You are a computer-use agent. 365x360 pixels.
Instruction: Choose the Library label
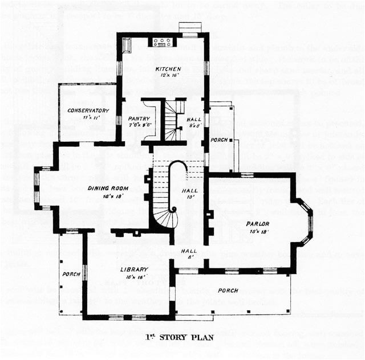(x=134, y=269)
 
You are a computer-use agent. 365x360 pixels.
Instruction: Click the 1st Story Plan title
(x=182, y=337)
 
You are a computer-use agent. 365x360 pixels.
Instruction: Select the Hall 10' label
(x=189, y=191)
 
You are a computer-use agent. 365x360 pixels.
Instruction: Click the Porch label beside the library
(x=71, y=274)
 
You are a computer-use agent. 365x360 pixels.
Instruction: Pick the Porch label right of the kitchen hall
(x=219, y=140)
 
